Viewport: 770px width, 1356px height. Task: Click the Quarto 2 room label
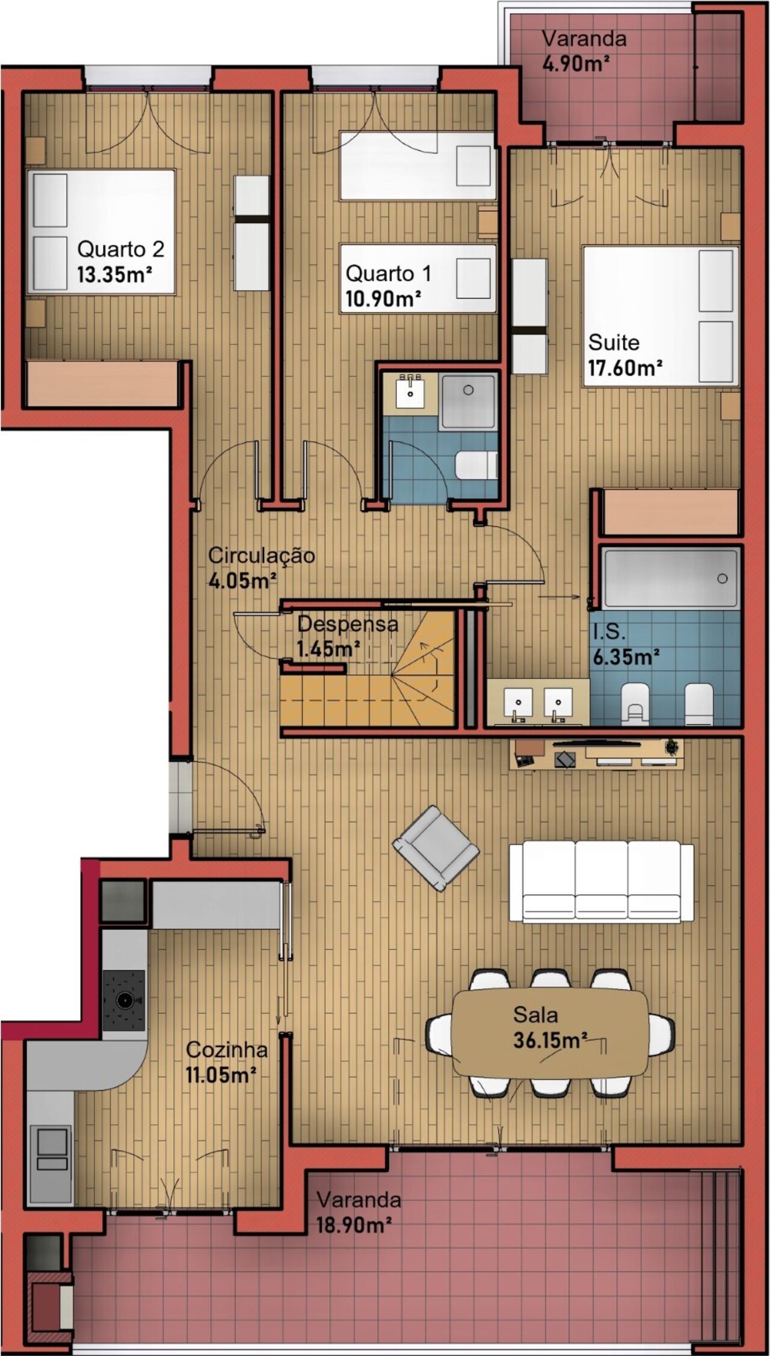[120, 249]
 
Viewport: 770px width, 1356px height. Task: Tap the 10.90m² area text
[383, 299]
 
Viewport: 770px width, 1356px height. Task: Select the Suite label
[614, 342]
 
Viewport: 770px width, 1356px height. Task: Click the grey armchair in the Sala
[436, 848]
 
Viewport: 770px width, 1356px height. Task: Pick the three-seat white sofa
[601, 881]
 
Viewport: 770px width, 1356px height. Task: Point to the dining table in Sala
[550, 1033]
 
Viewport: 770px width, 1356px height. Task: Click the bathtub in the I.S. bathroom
[671, 578]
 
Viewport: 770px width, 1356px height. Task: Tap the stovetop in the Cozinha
[124, 1000]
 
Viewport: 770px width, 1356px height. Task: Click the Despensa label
[348, 624]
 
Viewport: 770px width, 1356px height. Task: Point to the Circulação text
[261, 556]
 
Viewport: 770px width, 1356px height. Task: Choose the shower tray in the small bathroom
[468, 401]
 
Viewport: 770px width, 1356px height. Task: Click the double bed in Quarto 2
[102, 232]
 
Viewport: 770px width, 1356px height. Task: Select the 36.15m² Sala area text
[550, 1040]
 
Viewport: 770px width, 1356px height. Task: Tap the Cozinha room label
[227, 1050]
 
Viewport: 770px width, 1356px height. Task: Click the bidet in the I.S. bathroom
[699, 704]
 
